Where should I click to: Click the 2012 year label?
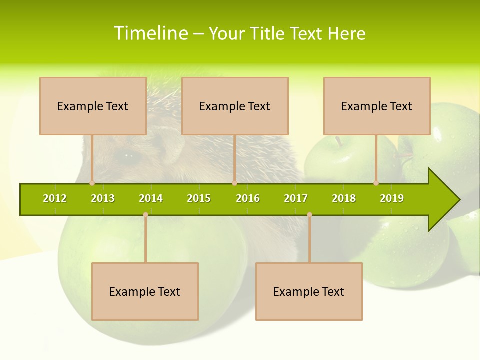55,198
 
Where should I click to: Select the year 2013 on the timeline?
103,198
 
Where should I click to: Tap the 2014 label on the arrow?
151,198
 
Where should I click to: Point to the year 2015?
199,198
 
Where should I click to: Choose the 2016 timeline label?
248,198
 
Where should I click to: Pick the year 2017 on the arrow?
296,198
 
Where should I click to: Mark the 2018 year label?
344,198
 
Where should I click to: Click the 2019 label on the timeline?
392,198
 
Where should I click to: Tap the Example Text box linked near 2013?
93,106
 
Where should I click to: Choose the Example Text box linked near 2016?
235,106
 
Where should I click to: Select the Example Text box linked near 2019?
377,106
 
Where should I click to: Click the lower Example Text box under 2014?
145,291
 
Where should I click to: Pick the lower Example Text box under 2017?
309,291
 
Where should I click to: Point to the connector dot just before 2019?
376,183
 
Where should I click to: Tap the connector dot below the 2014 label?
145,214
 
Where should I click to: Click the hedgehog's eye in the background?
125,156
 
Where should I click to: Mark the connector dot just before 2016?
234,183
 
